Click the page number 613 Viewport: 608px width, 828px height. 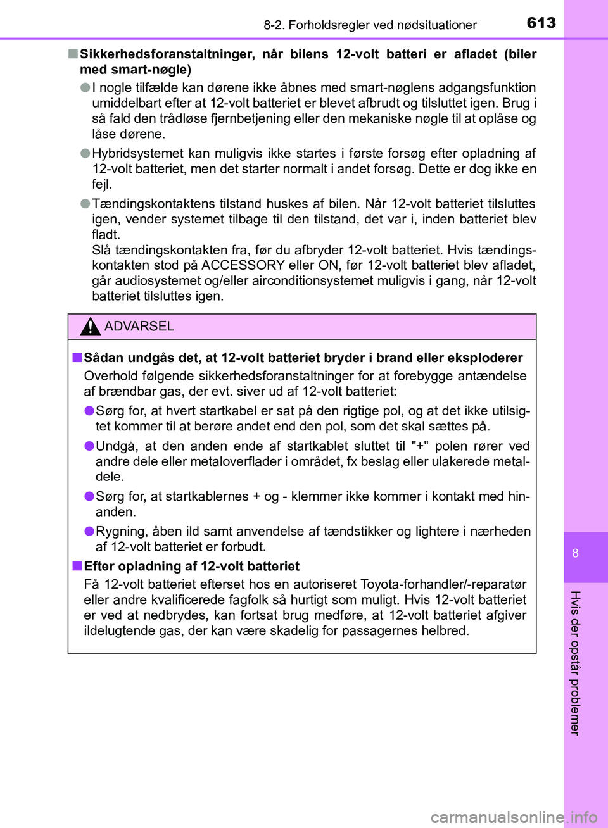click(541, 23)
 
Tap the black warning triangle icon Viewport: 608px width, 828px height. click(91, 327)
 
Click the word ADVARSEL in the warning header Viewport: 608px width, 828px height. click(139, 326)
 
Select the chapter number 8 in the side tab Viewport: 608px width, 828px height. click(575, 553)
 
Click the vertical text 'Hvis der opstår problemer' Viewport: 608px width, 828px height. click(575, 662)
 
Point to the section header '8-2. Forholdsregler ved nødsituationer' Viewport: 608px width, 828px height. click(370, 25)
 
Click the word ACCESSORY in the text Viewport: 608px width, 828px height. click(243, 265)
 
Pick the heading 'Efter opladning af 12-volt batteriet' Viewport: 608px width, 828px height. click(191, 566)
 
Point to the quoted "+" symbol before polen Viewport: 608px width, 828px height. click(420, 446)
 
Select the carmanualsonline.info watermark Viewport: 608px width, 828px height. click(514, 817)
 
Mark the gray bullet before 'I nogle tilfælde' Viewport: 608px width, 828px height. click(85, 87)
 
